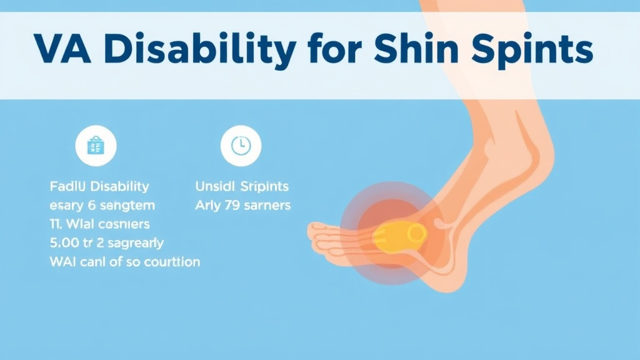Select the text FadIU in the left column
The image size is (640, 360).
(66, 186)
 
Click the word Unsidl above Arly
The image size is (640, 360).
(215, 186)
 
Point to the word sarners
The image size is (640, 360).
(268, 205)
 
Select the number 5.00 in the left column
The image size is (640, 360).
(64, 242)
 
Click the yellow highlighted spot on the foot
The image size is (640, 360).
(400, 234)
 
